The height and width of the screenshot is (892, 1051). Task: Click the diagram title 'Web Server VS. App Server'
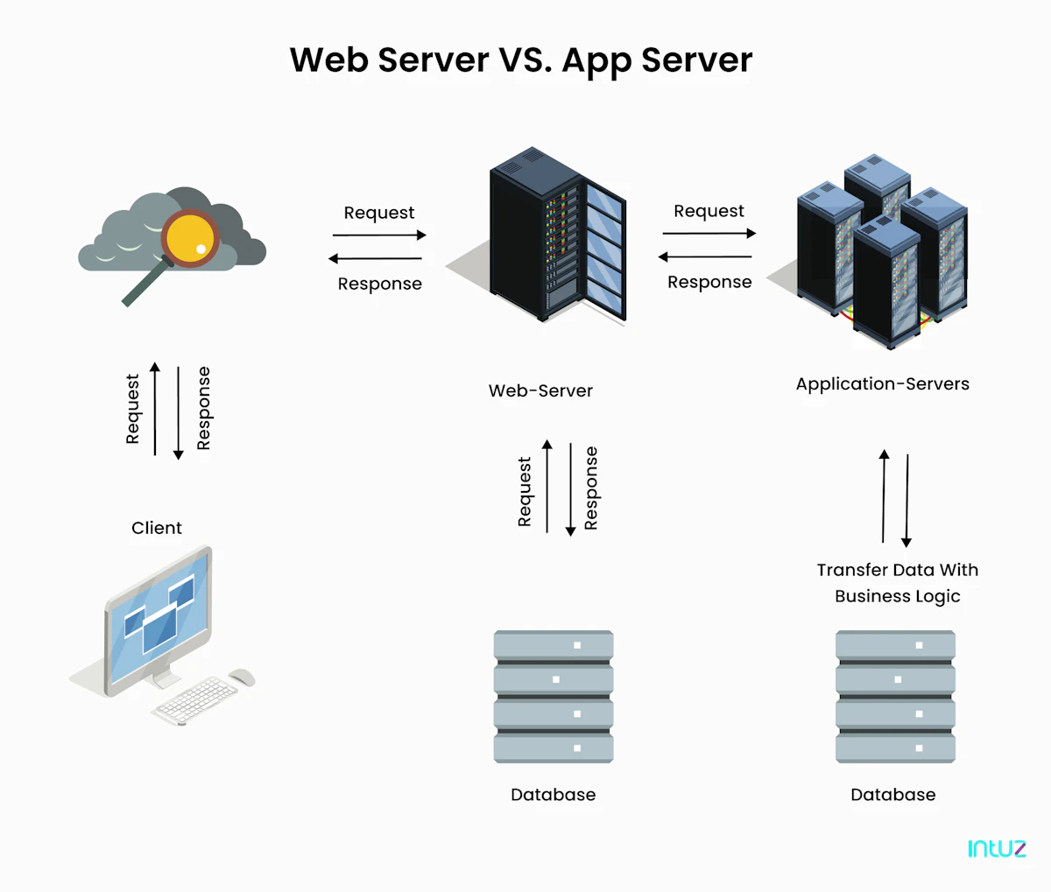point(521,60)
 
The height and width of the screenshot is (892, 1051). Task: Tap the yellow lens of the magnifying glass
point(191,237)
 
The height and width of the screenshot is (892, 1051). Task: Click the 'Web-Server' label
point(540,391)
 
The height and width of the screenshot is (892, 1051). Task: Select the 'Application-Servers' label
point(882,384)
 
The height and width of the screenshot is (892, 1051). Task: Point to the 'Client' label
point(157,528)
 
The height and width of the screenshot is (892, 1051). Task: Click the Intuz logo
point(997,848)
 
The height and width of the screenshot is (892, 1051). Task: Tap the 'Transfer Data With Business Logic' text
point(898,583)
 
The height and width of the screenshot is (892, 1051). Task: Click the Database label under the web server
point(553,795)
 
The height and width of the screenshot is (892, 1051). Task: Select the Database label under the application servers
point(892,795)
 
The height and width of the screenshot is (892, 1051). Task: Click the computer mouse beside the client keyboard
point(242,677)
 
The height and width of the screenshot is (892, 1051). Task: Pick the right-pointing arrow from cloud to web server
point(379,235)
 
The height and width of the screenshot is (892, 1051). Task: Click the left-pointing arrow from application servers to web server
point(705,257)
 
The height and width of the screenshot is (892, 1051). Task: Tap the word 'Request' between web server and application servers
point(709,211)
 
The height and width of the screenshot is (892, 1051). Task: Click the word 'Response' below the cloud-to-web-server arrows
point(380,284)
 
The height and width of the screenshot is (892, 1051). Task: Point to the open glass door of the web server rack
point(605,249)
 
